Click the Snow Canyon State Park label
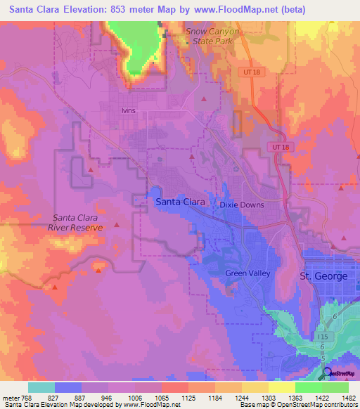click(212, 37)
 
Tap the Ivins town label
click(127, 111)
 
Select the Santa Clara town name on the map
click(179, 202)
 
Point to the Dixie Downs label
click(240, 204)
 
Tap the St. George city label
click(323, 276)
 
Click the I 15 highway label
click(323, 337)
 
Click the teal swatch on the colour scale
click(41, 387)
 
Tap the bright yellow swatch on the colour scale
click(281, 387)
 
